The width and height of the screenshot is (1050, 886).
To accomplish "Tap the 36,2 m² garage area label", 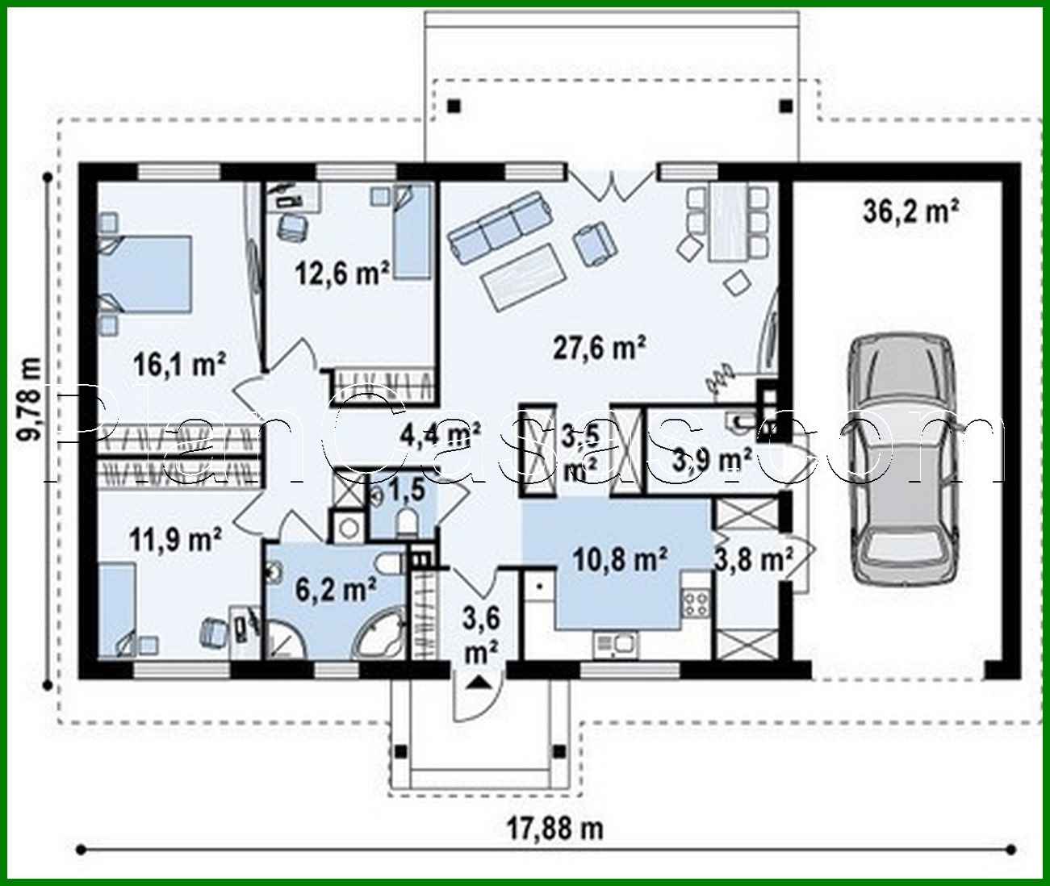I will (x=910, y=211).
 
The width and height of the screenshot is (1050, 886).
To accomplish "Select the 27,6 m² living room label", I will (x=599, y=348).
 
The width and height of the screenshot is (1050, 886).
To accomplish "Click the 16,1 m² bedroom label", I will (x=178, y=365).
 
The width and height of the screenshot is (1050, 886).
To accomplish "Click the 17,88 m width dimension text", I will (x=554, y=827).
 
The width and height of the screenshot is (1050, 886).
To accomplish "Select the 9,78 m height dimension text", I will (x=31, y=399).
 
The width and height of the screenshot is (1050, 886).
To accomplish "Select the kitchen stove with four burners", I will (x=697, y=604).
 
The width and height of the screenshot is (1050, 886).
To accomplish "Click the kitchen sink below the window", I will (x=616, y=643).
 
